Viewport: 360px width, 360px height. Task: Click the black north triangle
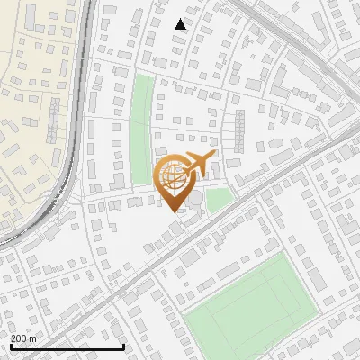pos(181,24)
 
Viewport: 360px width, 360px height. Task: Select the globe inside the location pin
pos(172,175)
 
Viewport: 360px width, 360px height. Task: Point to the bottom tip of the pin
pos(172,211)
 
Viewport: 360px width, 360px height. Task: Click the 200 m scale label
pos(24,337)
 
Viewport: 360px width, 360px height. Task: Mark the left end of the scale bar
pos(10,346)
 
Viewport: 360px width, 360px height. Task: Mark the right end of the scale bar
pos(124,346)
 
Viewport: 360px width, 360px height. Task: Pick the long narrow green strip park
pos(141,126)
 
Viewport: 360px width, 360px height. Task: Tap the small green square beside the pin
pos(219,199)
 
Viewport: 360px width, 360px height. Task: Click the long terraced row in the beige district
pos(53,121)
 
